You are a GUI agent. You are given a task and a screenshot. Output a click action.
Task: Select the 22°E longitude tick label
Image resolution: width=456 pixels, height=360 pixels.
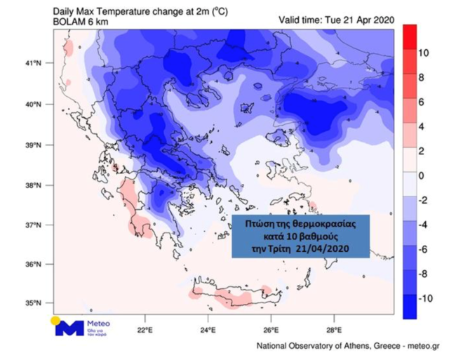coord(145,328)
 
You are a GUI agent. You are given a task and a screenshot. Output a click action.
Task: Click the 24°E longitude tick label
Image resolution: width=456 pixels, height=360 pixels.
coord(208,328)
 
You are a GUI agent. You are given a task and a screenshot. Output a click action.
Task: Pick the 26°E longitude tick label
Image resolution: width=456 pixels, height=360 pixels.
coord(271,328)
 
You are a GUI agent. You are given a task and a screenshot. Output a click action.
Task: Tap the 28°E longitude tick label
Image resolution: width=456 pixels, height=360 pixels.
coord(334,328)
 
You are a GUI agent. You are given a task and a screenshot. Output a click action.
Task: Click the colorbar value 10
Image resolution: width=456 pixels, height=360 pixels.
coord(423,53)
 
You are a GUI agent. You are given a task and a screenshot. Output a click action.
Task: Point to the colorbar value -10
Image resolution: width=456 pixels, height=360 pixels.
coord(424,298)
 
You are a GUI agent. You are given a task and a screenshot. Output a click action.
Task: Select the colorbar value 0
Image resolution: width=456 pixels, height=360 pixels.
coord(421,175)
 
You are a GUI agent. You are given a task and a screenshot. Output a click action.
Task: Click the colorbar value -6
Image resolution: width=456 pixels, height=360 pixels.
coord(422,249)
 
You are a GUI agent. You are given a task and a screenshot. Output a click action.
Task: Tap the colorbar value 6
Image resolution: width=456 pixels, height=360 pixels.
coord(421,102)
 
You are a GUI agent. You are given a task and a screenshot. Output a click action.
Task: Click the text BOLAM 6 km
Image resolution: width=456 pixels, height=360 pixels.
coord(79,22)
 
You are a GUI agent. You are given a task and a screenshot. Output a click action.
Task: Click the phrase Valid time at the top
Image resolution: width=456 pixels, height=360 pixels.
coord(300,20)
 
